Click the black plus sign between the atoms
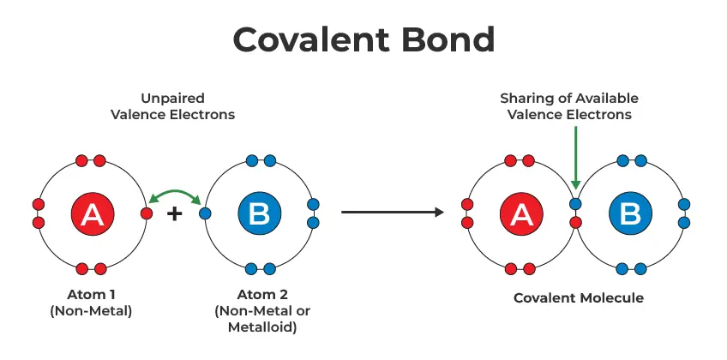175,213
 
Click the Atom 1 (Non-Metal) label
91,303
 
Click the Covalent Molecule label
579,298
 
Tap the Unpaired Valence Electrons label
172,107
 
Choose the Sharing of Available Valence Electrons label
569,107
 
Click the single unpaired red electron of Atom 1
147,213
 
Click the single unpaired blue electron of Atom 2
204,213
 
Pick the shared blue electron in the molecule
576,205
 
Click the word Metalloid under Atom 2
257,327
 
